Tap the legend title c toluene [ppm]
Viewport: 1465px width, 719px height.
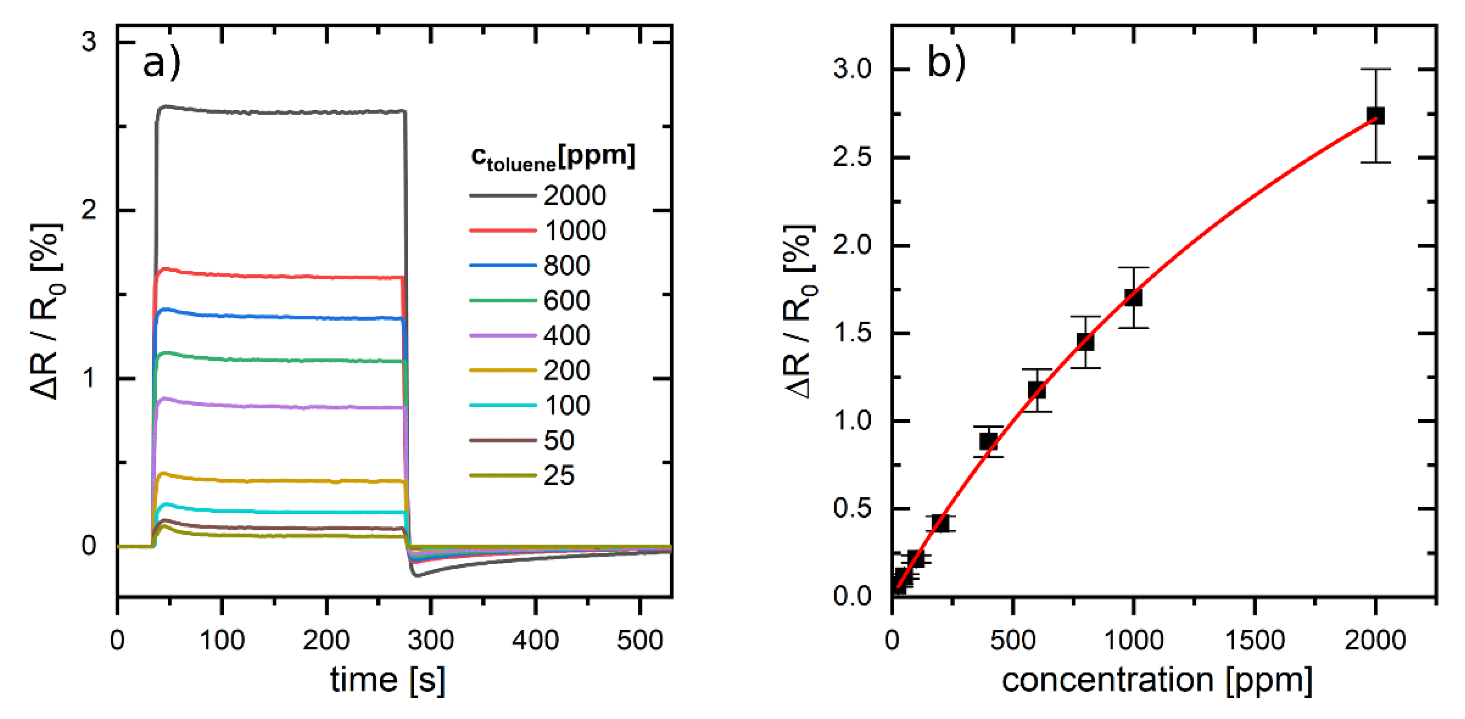(552, 157)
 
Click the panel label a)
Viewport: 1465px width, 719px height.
(162, 63)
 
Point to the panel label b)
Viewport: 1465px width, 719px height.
(946, 62)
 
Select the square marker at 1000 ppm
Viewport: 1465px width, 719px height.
(1133, 297)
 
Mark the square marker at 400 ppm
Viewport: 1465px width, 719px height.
(988, 441)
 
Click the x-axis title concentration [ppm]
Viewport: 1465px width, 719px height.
(1157, 680)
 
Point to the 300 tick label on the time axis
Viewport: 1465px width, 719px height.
(430, 641)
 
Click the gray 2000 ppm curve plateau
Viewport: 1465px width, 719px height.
(279, 112)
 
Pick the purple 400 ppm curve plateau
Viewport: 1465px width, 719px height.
(279, 406)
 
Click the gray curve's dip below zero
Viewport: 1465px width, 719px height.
(418, 574)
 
